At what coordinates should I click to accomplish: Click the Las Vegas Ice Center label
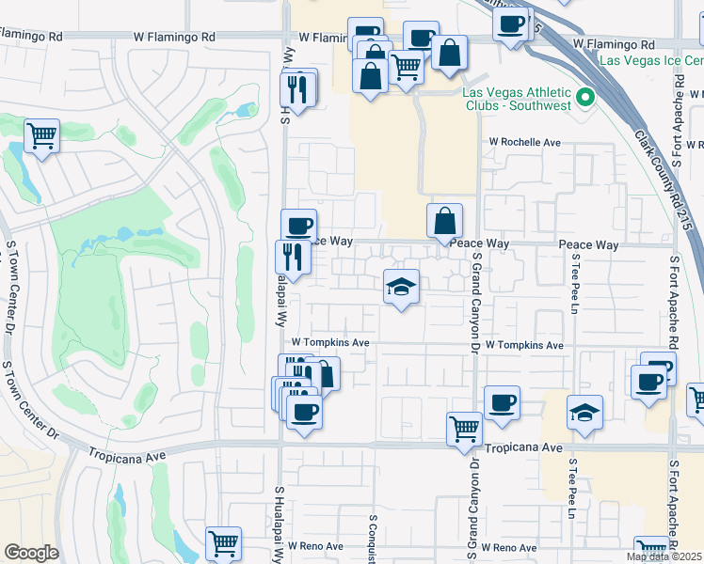coord(650,60)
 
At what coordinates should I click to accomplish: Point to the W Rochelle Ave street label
coord(523,143)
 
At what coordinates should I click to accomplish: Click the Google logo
coord(31,553)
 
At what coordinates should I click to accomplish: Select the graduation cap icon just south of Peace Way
coord(401,287)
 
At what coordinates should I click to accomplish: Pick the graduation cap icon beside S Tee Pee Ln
coord(584,412)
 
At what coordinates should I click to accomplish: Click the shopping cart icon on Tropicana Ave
coord(464,429)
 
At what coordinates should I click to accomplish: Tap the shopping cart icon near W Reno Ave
coord(223,542)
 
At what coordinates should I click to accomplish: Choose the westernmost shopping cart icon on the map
coord(41,135)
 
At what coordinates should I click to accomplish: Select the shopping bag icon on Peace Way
coord(444,221)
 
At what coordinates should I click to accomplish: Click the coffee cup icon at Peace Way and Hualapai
coord(298,225)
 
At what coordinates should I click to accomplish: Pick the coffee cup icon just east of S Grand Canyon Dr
coord(502,402)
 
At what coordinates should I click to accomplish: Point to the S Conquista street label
coord(373,540)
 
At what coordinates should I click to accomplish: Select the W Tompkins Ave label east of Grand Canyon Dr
coord(524,346)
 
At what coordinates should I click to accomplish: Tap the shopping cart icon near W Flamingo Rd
coord(406,66)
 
